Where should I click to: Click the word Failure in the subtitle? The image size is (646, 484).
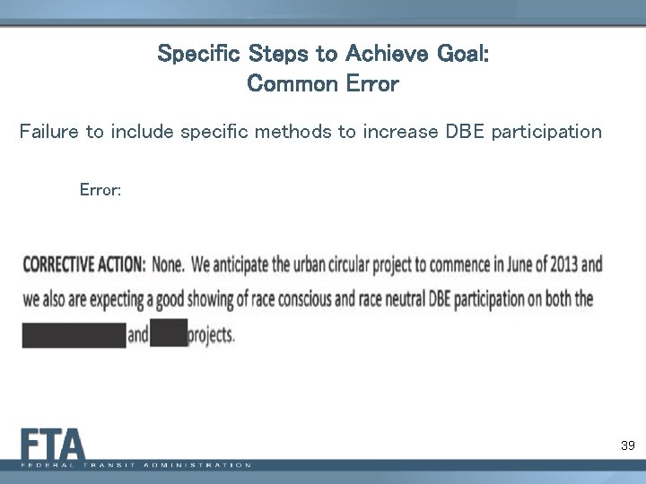(x=49, y=133)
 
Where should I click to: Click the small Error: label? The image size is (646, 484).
(x=100, y=190)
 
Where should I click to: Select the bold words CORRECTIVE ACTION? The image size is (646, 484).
(x=83, y=265)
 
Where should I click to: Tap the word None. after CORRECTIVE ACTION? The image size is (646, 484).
(x=168, y=265)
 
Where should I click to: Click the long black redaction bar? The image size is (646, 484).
(x=74, y=334)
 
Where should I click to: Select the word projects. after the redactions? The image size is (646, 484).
(x=213, y=335)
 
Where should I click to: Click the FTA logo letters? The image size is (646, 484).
(x=54, y=445)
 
